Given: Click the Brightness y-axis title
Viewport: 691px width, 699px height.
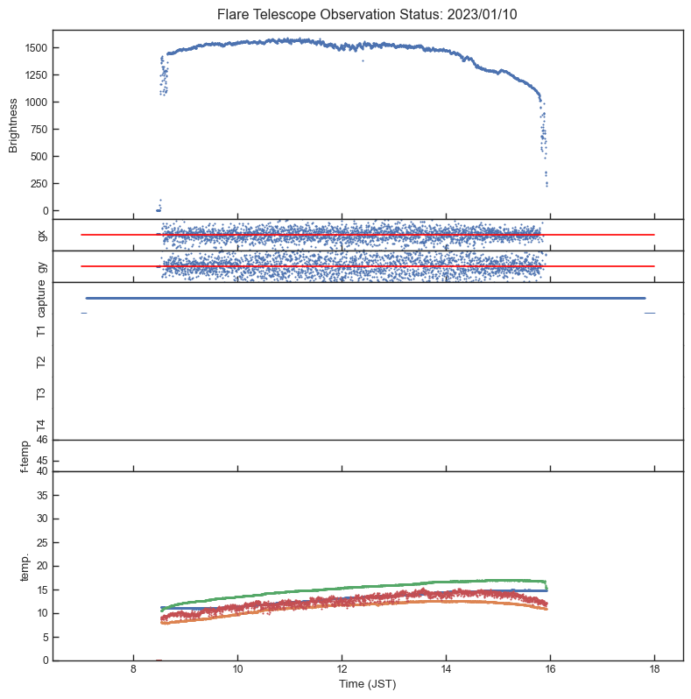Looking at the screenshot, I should [14, 124].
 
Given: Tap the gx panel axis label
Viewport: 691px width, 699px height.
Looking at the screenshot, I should [41, 235].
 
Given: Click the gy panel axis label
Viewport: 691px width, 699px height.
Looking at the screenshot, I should [41, 266].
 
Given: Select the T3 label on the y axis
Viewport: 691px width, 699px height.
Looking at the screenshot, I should [41, 393].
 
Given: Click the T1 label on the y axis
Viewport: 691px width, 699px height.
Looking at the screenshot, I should [41, 330].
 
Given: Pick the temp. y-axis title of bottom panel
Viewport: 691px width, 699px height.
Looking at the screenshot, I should [25, 566].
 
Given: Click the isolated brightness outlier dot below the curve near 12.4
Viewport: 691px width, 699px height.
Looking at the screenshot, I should [363, 60].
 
